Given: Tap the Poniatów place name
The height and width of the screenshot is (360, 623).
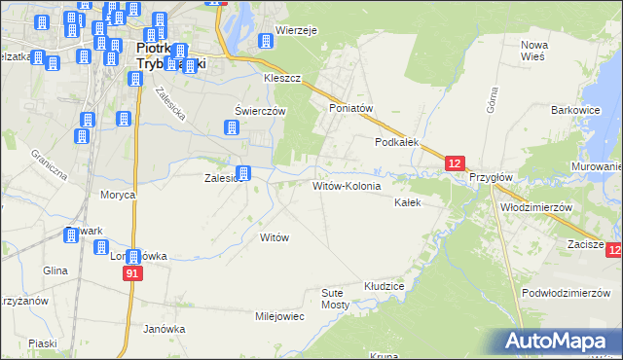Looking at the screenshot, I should click(352, 109).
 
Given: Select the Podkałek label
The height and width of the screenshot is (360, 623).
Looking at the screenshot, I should click(397, 142).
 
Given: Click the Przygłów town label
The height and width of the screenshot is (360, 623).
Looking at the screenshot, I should click(491, 179).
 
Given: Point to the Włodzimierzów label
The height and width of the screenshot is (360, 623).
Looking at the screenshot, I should click(534, 208).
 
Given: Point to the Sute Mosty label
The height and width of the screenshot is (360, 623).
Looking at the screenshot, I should click(335, 299).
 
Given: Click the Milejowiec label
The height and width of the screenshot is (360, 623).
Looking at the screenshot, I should click(280, 317).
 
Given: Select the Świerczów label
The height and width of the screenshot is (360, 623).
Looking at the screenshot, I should click(260, 111).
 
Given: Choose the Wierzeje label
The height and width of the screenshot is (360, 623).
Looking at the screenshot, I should click(297, 30).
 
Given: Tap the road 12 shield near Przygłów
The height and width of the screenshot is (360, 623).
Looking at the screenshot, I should click(458, 163).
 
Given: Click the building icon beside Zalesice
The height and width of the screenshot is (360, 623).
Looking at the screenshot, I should click(243, 174).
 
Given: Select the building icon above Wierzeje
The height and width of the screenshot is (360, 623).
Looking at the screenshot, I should click(264, 41).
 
